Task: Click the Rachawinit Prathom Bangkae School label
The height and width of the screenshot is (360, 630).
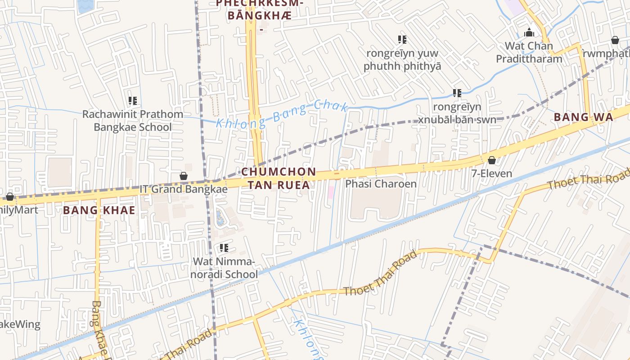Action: [133, 121]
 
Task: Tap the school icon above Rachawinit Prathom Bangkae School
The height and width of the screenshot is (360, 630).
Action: [133, 101]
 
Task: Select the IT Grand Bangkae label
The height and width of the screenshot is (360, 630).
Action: [183, 189]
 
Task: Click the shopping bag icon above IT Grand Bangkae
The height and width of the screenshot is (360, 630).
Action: [183, 176]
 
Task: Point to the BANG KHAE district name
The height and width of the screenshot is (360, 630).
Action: [99, 210]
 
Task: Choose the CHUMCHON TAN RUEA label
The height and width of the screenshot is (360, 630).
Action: [279, 178]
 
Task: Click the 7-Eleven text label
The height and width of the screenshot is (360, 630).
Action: [491, 174]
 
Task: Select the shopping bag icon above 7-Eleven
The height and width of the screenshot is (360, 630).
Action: [492, 160]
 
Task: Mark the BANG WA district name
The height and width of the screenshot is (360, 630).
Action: [583, 117]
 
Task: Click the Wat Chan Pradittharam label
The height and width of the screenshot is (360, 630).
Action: [529, 52]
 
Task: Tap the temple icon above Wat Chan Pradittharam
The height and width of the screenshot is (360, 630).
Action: [529, 32]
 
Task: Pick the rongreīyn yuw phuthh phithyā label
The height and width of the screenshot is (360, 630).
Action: [402, 59]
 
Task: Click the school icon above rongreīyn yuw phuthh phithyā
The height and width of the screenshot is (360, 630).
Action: [402, 40]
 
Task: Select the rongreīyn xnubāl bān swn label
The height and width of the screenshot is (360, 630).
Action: [457, 113]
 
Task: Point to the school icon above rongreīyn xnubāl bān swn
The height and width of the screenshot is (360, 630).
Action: [457, 93]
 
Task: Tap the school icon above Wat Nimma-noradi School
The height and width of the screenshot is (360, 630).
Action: [224, 248]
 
